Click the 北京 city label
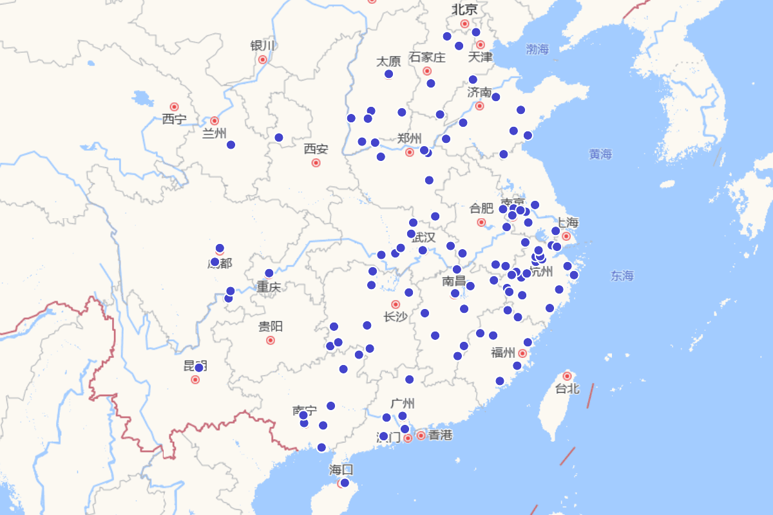(x=464, y=10)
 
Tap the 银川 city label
(x=263, y=46)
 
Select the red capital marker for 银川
(x=263, y=59)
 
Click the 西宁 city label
(x=174, y=119)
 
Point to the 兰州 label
(x=215, y=133)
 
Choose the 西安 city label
(x=316, y=149)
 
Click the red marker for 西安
(x=316, y=163)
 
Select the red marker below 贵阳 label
(x=271, y=340)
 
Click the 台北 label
(x=568, y=389)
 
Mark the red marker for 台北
(x=568, y=376)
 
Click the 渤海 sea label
(x=537, y=49)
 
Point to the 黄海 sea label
(x=600, y=154)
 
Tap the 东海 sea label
(x=622, y=276)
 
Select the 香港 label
(x=440, y=435)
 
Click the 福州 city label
(x=503, y=353)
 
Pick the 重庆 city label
(x=269, y=287)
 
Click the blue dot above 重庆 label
(x=269, y=273)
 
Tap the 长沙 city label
(x=396, y=317)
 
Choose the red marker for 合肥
(x=481, y=222)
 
